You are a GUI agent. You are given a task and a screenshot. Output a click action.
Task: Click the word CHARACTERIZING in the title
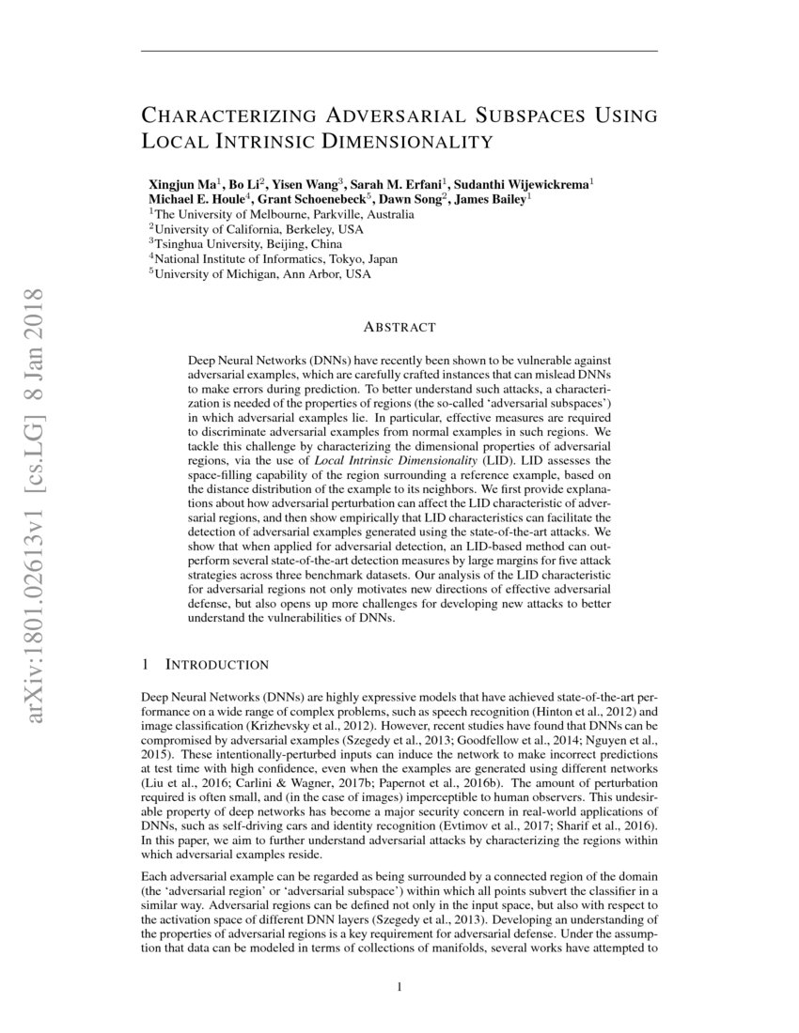pyautogui.click(x=226, y=116)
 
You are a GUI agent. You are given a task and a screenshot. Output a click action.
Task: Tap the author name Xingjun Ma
pyautogui.click(x=181, y=183)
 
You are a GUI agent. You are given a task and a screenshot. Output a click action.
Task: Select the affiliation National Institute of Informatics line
pyautogui.click(x=274, y=259)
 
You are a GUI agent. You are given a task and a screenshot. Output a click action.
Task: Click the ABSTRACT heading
pyautogui.click(x=399, y=328)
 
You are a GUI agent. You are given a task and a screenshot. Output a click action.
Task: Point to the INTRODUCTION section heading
pyautogui.click(x=217, y=665)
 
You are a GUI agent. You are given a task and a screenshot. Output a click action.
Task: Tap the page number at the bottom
pyautogui.click(x=399, y=987)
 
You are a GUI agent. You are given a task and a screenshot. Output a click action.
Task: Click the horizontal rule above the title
pyautogui.click(x=399, y=50)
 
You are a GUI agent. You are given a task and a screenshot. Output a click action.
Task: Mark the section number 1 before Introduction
pyautogui.click(x=145, y=665)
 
